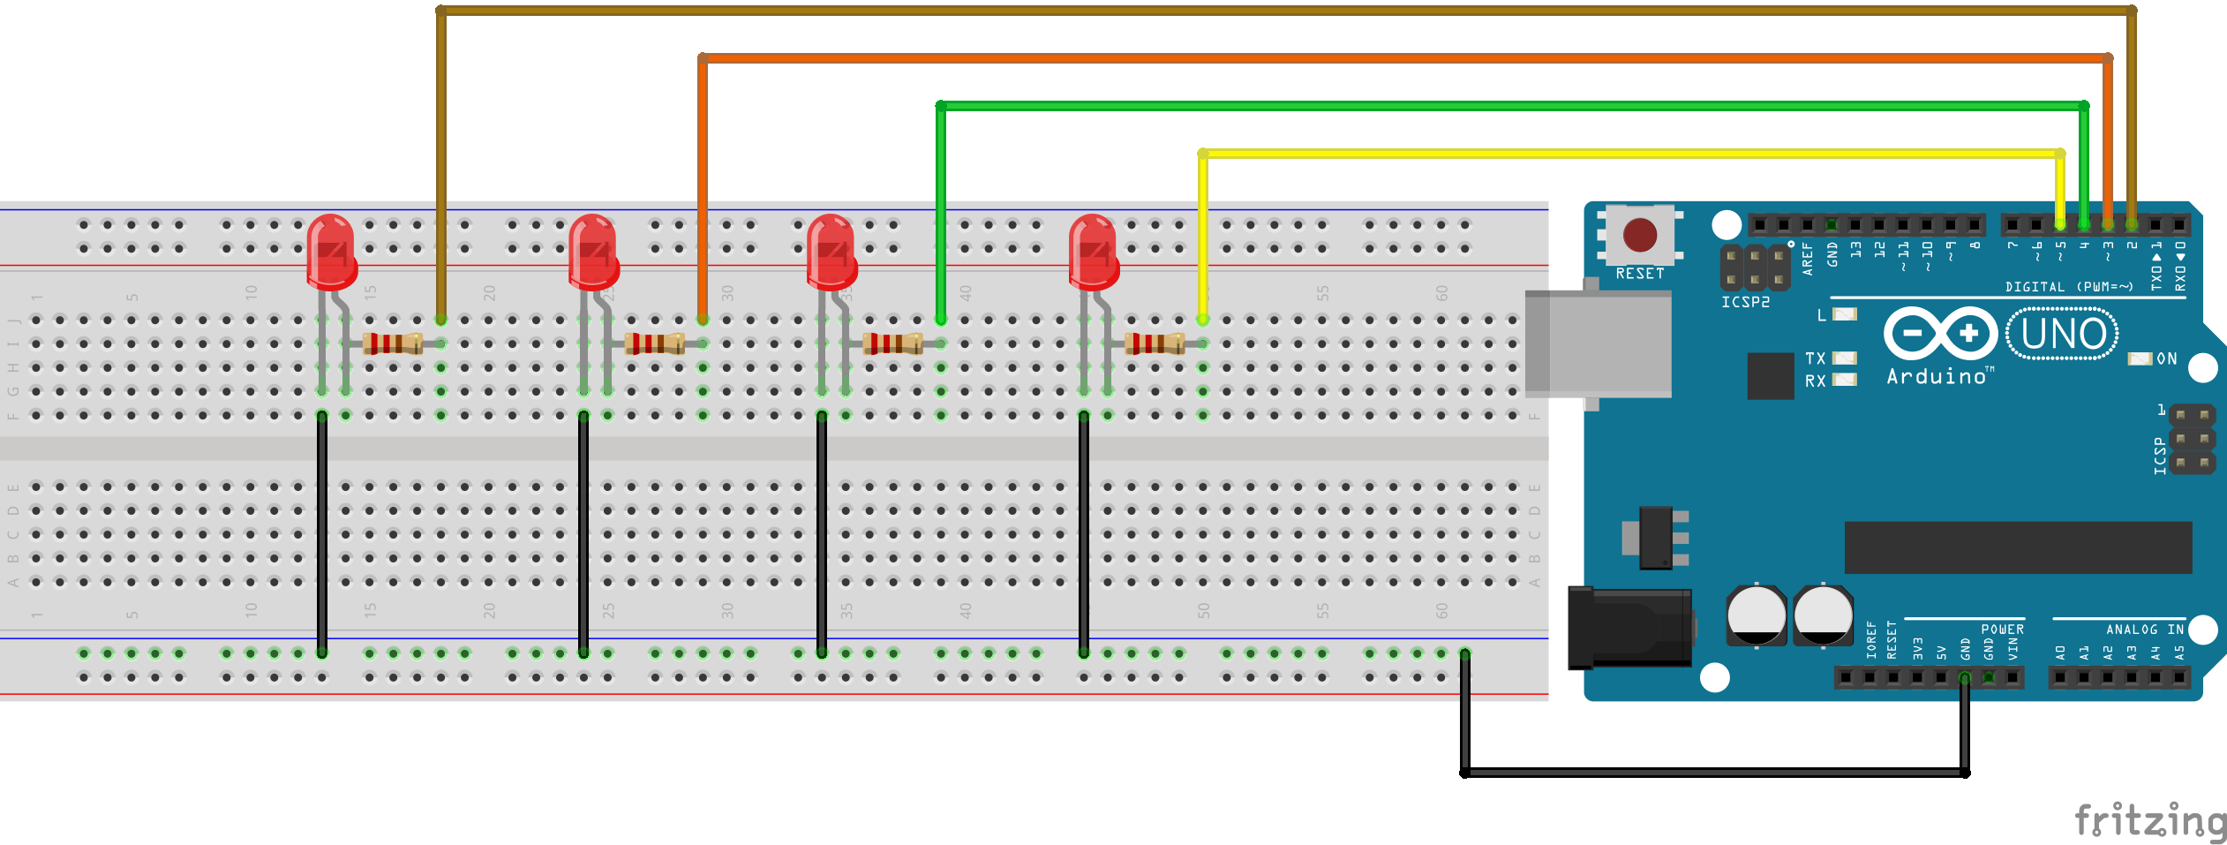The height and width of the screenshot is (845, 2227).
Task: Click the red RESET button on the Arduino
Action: point(1640,236)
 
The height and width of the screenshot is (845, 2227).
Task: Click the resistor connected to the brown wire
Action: point(393,343)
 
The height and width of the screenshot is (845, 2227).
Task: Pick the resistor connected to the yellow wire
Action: point(1155,343)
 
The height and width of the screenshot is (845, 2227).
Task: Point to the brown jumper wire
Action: point(1236,11)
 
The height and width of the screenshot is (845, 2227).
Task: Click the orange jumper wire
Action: point(1324,58)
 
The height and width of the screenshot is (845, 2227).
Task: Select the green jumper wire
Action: point(1501,106)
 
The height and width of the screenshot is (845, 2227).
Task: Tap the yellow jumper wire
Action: point(1589,154)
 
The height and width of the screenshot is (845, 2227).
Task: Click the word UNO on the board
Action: point(2064,334)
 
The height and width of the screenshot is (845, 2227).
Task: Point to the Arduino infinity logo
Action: point(1940,334)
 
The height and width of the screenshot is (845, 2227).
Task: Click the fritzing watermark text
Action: point(2150,821)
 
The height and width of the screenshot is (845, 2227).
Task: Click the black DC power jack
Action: point(1629,628)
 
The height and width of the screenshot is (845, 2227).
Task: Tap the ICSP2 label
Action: point(1745,303)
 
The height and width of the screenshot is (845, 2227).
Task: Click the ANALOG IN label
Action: point(2145,630)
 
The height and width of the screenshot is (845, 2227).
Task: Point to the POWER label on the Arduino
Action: point(2002,630)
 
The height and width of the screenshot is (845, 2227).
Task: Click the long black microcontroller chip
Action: point(2018,547)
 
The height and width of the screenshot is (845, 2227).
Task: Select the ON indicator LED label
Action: point(2167,359)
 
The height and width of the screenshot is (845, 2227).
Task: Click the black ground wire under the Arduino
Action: point(1712,773)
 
